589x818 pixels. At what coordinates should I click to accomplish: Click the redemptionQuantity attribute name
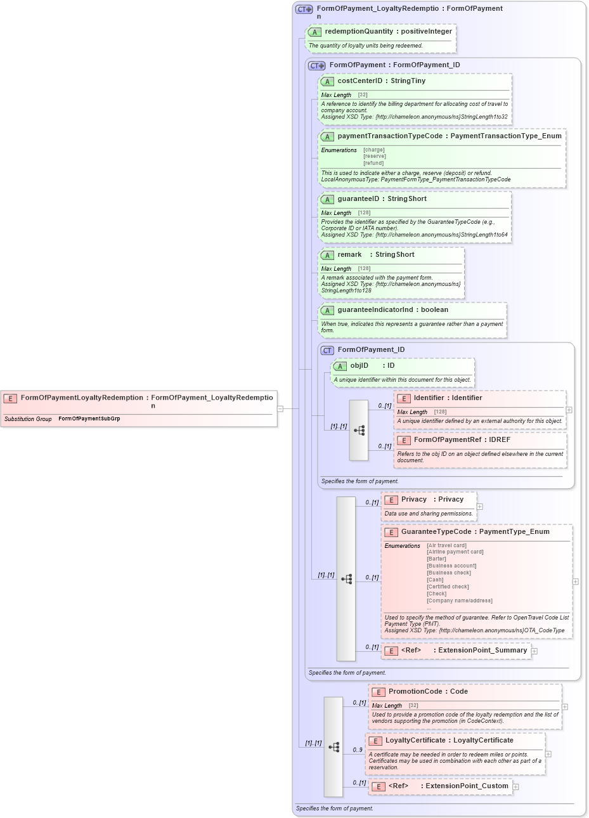(359, 32)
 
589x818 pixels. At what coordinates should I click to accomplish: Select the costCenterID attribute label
(360, 81)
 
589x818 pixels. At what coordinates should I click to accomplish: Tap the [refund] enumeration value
(373, 163)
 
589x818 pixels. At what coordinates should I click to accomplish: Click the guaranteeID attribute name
(358, 199)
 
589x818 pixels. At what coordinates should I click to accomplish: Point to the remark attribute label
(349, 255)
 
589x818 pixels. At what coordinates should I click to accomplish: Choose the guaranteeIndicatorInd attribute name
(375, 310)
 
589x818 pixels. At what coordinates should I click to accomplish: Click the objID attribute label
(359, 366)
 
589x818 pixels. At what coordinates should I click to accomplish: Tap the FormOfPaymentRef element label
(447, 440)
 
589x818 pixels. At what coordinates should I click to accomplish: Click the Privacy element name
(413, 500)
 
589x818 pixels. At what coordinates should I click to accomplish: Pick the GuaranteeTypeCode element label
(436, 532)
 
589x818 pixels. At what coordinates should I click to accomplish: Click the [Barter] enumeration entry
(436, 559)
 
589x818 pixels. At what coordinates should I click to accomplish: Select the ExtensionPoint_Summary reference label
(482, 651)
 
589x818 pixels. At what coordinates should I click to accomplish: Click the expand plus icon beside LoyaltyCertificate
(548, 754)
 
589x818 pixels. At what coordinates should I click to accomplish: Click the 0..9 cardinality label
(358, 750)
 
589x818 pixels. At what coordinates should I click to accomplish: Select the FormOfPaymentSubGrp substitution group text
(89, 419)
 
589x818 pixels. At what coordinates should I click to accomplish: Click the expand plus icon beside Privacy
(480, 507)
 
